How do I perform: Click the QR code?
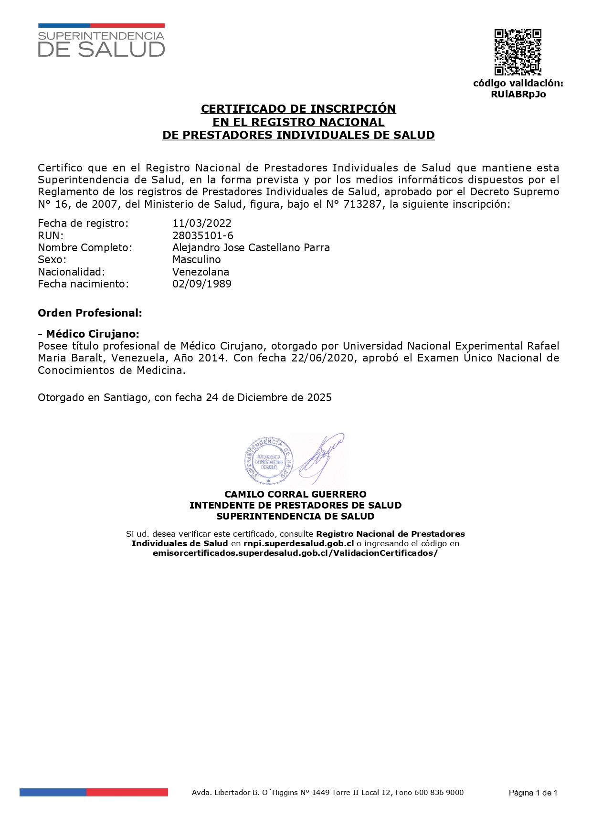click(x=518, y=52)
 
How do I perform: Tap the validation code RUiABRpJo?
click(x=518, y=94)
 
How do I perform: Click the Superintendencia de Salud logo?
click(x=101, y=41)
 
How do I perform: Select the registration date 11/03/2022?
click(x=202, y=223)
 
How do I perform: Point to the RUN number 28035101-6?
click(x=203, y=235)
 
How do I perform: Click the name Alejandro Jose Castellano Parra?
click(x=251, y=247)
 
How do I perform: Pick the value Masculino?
click(x=197, y=259)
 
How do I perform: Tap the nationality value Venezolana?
click(x=201, y=272)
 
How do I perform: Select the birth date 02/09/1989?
click(x=202, y=284)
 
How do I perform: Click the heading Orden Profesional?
click(x=90, y=313)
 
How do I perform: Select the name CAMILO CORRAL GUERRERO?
click(x=296, y=494)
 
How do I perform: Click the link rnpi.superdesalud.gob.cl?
click(x=298, y=543)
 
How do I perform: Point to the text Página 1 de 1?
click(x=533, y=793)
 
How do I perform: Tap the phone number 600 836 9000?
click(x=439, y=792)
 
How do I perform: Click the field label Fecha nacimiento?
click(x=83, y=284)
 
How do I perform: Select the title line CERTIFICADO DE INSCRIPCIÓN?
click(x=298, y=109)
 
